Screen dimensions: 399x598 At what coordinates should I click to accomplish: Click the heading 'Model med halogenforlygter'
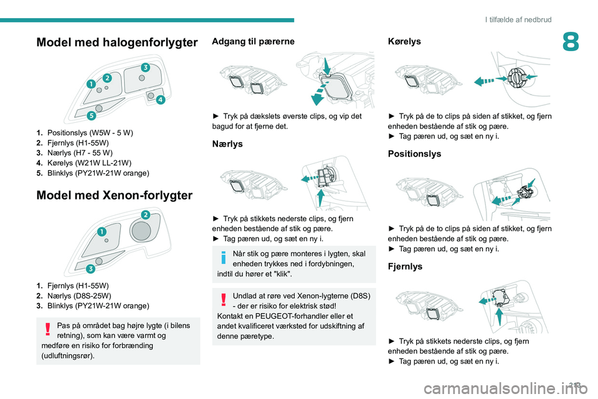tap(118, 42)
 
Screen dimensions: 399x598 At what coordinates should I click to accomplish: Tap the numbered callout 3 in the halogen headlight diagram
tap(145, 67)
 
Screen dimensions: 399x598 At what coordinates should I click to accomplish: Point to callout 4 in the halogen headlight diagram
tap(160, 100)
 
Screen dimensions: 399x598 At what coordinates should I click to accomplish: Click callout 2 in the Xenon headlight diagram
tap(145, 215)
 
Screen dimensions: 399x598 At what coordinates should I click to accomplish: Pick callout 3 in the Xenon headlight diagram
tap(90, 269)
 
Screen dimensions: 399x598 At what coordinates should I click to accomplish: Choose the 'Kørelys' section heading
tap(404, 41)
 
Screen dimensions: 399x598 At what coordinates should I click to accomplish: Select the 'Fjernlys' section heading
tap(404, 266)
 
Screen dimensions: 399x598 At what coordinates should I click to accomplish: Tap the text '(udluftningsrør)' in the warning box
tap(65, 355)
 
